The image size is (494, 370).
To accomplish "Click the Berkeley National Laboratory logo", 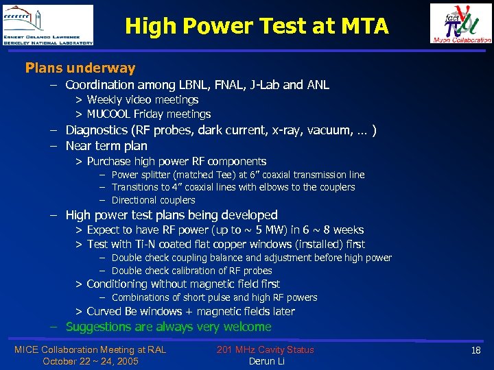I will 47,25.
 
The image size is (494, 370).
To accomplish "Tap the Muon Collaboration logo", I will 460,23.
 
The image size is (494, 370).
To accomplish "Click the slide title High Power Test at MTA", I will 257,27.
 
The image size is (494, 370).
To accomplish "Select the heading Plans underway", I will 80,68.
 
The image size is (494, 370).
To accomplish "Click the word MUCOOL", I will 108,114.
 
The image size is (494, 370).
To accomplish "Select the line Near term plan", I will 106,145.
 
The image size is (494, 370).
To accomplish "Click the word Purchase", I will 109,161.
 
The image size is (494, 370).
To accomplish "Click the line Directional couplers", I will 153,200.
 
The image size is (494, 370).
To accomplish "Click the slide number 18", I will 475,350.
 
